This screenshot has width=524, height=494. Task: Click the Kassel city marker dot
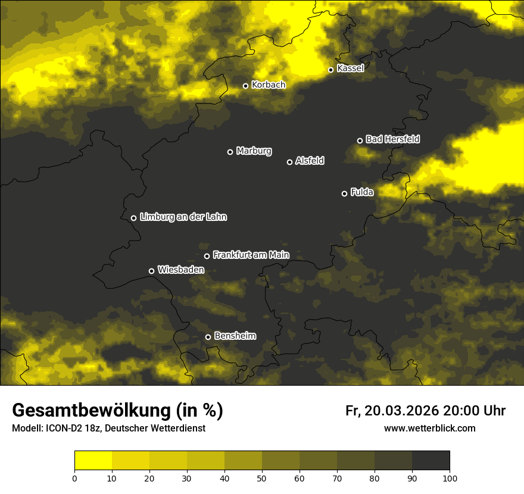(330, 70)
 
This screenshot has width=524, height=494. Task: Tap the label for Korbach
(269, 85)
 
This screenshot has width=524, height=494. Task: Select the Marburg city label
(254, 151)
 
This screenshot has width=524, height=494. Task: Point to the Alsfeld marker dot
(289, 162)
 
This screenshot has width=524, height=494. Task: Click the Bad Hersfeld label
(392, 139)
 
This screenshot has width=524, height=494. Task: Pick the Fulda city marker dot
(344, 193)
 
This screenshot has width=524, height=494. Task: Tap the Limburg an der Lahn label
(183, 217)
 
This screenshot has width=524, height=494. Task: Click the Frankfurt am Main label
(251, 255)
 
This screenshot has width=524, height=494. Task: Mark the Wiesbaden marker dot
(151, 271)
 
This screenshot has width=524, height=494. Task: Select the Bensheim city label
(235, 336)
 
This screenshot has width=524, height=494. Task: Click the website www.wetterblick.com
(429, 428)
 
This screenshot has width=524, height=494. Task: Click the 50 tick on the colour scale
(262, 478)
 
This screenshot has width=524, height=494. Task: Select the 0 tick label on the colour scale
(74, 478)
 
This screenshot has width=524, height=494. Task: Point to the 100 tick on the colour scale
(450, 478)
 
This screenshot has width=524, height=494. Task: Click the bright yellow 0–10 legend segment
(93, 461)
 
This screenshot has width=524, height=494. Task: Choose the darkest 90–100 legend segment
(431, 461)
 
